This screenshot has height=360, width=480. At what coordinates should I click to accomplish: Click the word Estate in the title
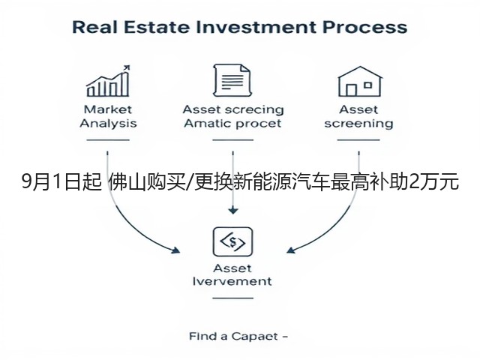point(157,27)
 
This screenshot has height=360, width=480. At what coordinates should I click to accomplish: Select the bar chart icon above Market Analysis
point(108,81)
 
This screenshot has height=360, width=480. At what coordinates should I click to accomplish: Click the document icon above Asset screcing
point(232,80)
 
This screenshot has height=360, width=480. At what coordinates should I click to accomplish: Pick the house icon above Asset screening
point(360,82)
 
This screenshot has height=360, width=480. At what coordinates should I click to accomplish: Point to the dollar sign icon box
point(233,241)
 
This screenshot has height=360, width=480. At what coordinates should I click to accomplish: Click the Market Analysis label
point(108,116)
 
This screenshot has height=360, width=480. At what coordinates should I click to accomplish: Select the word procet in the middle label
point(259,124)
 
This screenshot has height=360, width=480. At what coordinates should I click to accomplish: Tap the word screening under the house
point(358,124)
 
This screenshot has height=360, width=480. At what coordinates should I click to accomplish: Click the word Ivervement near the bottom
point(232,281)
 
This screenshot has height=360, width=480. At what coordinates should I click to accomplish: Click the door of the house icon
point(351,90)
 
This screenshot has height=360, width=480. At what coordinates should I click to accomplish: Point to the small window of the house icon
point(368,85)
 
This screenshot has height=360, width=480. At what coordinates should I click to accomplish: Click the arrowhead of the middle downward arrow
point(233,211)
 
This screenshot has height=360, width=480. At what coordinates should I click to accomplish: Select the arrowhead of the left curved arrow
point(175,250)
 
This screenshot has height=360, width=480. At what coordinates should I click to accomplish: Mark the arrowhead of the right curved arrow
point(291,250)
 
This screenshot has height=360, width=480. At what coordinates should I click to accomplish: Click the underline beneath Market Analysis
point(108,140)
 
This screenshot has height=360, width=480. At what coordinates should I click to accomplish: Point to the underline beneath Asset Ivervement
point(233,298)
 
